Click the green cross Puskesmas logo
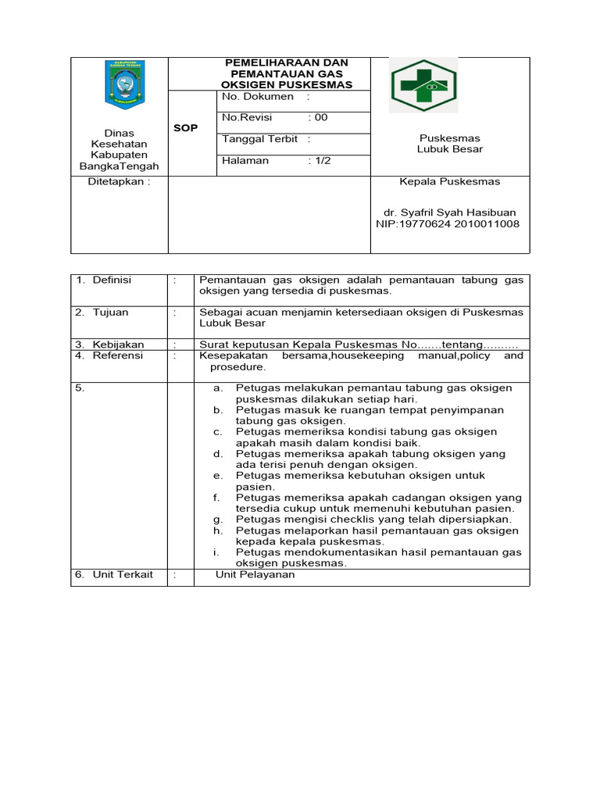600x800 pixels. pyautogui.click(x=424, y=84)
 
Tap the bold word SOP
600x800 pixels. pyautogui.click(x=185, y=128)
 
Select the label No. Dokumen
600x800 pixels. pyautogui.click(x=258, y=97)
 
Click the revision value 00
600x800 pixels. pyautogui.click(x=320, y=118)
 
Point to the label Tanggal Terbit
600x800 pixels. pyautogui.click(x=260, y=139)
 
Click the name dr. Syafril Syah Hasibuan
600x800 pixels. pyautogui.click(x=449, y=212)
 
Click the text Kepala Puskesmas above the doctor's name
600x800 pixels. pyautogui.click(x=450, y=181)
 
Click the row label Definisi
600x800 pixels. pyautogui.click(x=112, y=280)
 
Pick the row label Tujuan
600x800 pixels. pyautogui.click(x=110, y=312)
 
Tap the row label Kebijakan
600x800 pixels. pyautogui.click(x=118, y=345)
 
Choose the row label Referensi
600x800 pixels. pyautogui.click(x=117, y=355)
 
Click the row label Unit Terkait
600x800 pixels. pyautogui.click(x=123, y=574)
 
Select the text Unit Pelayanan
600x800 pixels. pyautogui.click(x=255, y=574)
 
